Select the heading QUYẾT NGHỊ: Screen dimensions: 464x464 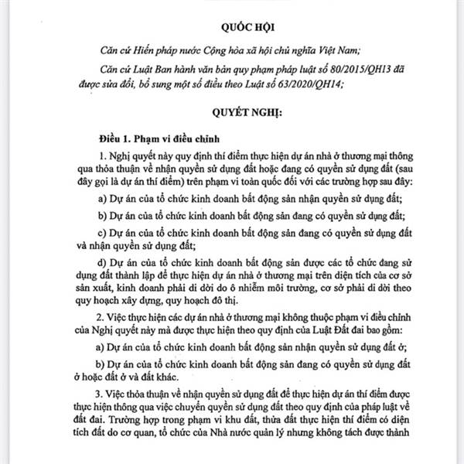tap(231, 111)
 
